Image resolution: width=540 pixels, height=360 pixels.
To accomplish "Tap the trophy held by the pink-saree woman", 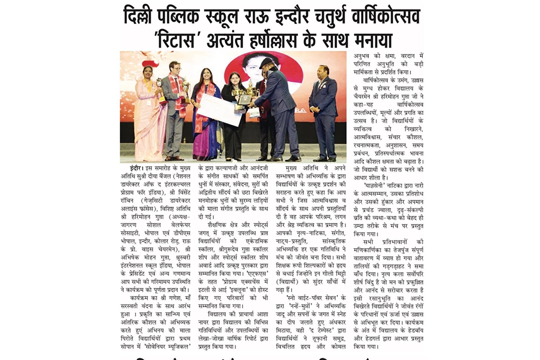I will tap(160, 91).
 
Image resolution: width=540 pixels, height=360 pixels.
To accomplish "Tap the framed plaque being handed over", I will tap(245, 100).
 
